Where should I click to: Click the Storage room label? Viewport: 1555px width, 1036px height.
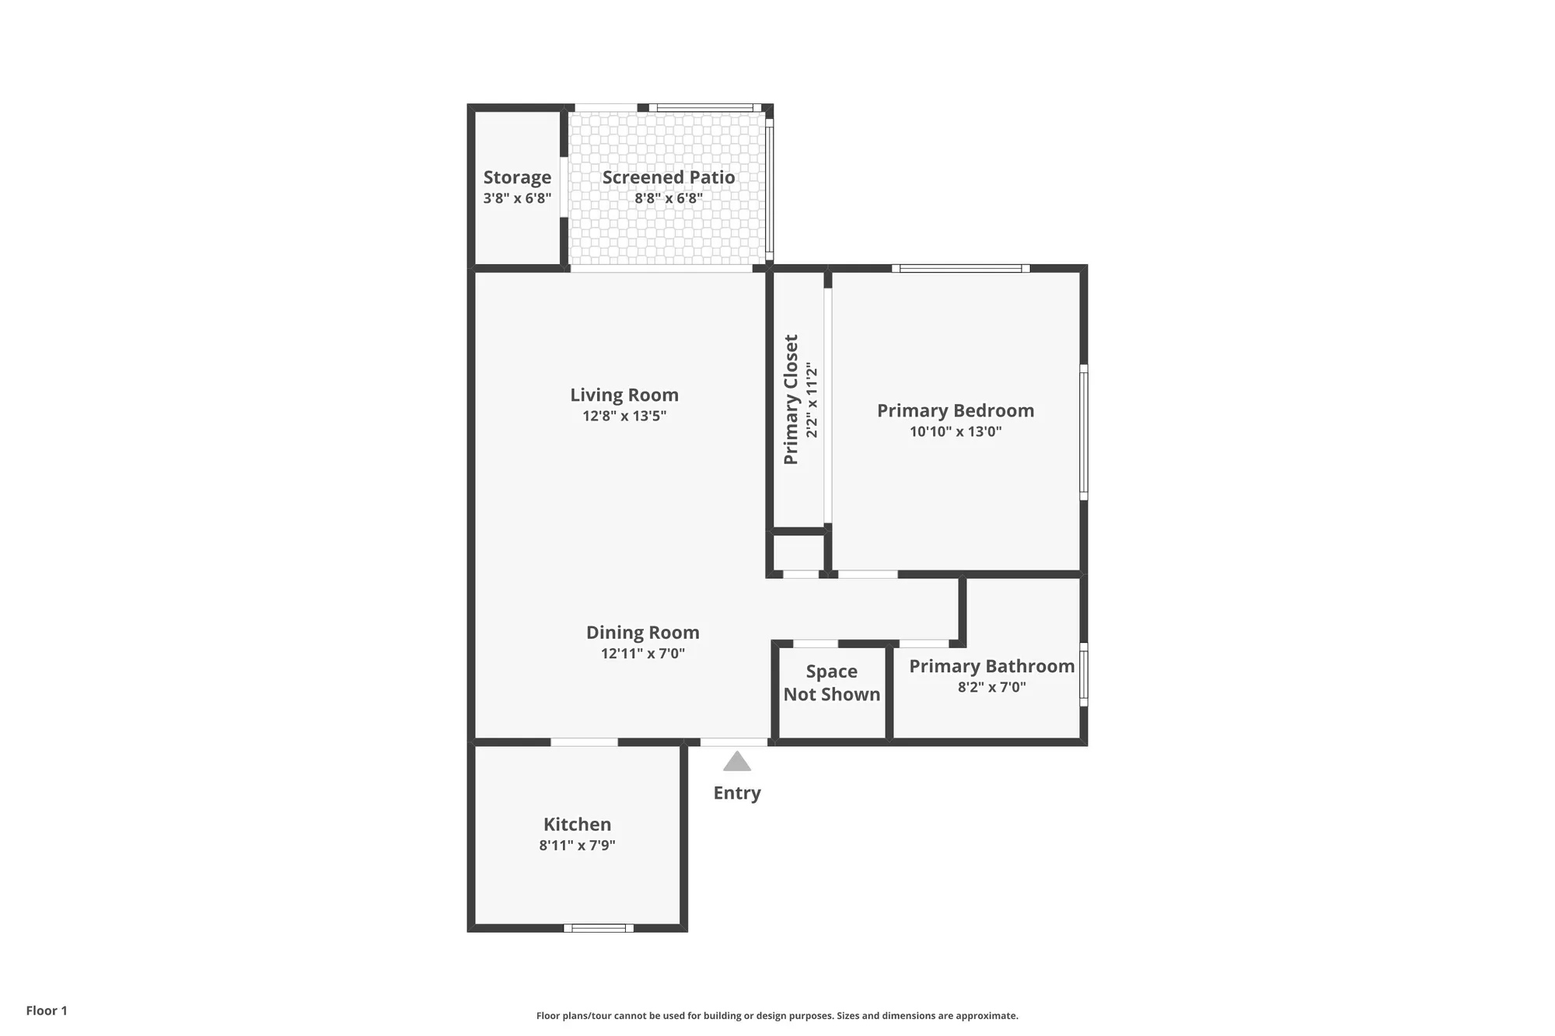(517, 177)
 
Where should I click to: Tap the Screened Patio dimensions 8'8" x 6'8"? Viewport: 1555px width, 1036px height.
(669, 198)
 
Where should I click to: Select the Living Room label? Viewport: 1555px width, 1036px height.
(624, 395)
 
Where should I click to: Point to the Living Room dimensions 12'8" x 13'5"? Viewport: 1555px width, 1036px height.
(624, 416)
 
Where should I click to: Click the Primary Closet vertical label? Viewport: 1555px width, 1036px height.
(791, 399)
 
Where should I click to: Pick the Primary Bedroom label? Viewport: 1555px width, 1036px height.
(956, 410)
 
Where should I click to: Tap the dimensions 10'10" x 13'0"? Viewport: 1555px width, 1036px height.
(956, 431)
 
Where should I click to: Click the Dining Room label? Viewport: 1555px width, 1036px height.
(643, 633)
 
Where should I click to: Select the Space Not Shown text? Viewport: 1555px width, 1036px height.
(831, 682)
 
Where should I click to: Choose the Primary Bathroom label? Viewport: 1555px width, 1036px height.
(991, 666)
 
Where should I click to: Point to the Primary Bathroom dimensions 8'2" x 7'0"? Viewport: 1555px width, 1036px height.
(991, 687)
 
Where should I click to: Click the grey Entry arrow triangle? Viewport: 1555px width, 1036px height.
(737, 762)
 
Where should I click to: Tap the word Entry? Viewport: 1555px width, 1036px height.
(737, 793)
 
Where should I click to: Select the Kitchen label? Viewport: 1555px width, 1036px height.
(577, 824)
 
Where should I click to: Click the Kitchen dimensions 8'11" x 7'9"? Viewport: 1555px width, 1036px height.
(577, 845)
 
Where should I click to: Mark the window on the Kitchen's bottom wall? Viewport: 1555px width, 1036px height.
(598, 927)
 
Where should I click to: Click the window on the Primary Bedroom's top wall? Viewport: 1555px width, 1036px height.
(960, 268)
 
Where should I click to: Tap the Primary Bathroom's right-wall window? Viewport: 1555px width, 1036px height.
(1084, 674)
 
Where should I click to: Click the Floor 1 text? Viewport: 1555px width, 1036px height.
(47, 1010)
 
